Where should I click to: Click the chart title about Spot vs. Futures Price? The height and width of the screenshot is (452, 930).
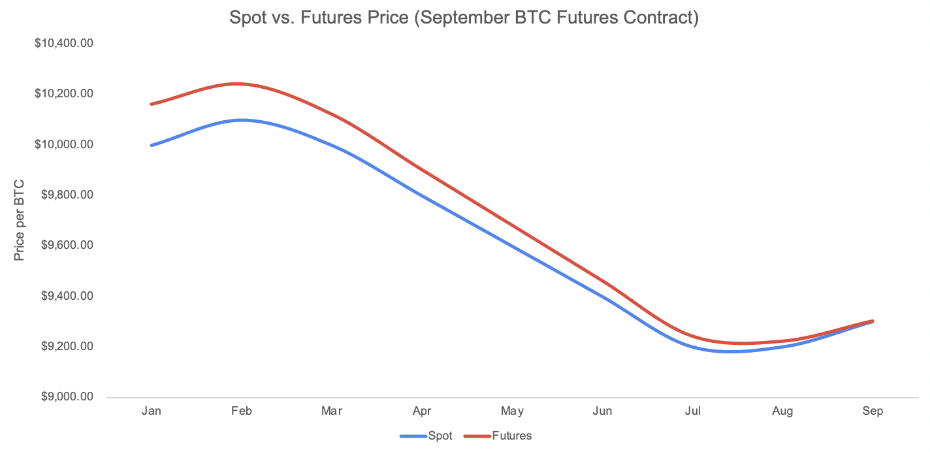pyautogui.click(x=464, y=18)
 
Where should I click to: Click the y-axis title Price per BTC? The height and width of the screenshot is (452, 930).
pyautogui.click(x=20, y=220)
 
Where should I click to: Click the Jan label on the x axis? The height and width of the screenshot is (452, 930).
pyautogui.click(x=152, y=411)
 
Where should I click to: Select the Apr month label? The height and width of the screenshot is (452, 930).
pyautogui.click(x=422, y=411)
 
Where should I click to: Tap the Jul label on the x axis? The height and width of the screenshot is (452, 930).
pyautogui.click(x=692, y=411)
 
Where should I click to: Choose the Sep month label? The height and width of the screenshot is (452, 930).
pyautogui.click(x=873, y=411)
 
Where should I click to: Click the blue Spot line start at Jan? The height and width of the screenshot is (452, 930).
pyautogui.click(x=152, y=145)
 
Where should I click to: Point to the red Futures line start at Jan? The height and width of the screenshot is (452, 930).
pyautogui.click(x=152, y=104)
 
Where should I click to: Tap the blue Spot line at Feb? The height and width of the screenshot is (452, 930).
pyautogui.click(x=242, y=120)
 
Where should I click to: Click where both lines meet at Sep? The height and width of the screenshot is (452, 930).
pyautogui.click(x=873, y=321)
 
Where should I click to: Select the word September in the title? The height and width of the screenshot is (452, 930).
pyautogui.click(x=453, y=18)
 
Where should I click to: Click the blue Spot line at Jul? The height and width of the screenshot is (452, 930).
pyautogui.click(x=692, y=346)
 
